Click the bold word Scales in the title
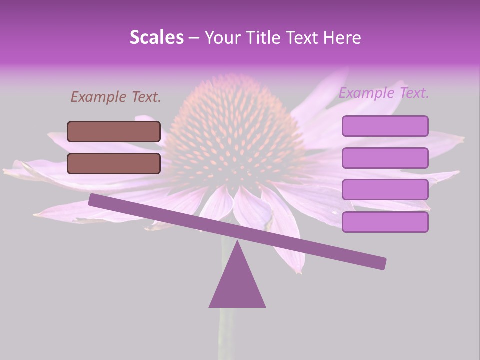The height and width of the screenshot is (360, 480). (x=156, y=38)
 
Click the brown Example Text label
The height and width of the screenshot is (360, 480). (x=116, y=97)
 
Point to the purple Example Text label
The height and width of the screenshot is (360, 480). (x=384, y=93)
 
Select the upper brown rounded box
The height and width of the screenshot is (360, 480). (x=114, y=131)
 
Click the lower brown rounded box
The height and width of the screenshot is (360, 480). (x=114, y=163)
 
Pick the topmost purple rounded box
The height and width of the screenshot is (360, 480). (x=385, y=126)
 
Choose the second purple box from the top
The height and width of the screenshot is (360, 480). (x=385, y=158)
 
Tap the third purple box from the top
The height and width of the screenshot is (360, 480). (x=385, y=190)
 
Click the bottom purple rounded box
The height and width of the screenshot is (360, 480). (x=385, y=222)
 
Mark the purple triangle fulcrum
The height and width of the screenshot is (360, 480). (x=237, y=285)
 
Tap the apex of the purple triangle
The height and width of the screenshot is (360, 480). (x=237, y=242)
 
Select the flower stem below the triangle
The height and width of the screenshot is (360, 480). (x=226, y=332)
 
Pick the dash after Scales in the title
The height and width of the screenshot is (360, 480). (x=194, y=38)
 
